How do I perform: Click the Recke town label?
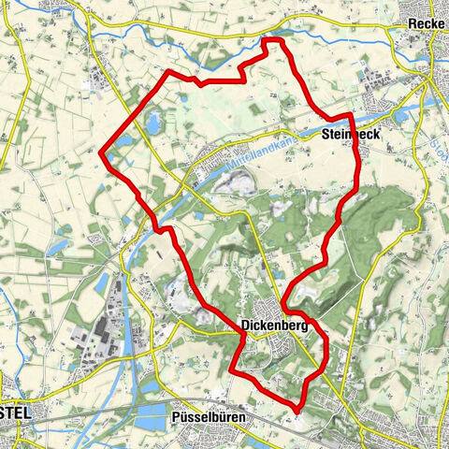click(x=425, y=23)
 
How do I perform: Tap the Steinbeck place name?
click(x=352, y=135)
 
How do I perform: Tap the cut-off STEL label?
click(x=17, y=412)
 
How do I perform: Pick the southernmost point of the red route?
click(x=297, y=410)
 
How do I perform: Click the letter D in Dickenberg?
click(x=245, y=326)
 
